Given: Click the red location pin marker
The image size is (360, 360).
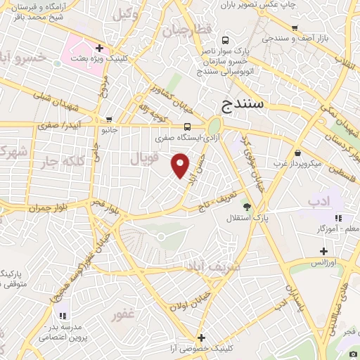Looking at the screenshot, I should tap(181, 166).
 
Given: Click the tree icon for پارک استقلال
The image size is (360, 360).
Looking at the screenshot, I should tap(246, 205).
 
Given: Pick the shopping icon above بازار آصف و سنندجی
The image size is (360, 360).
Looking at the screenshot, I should tap(295, 29).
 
